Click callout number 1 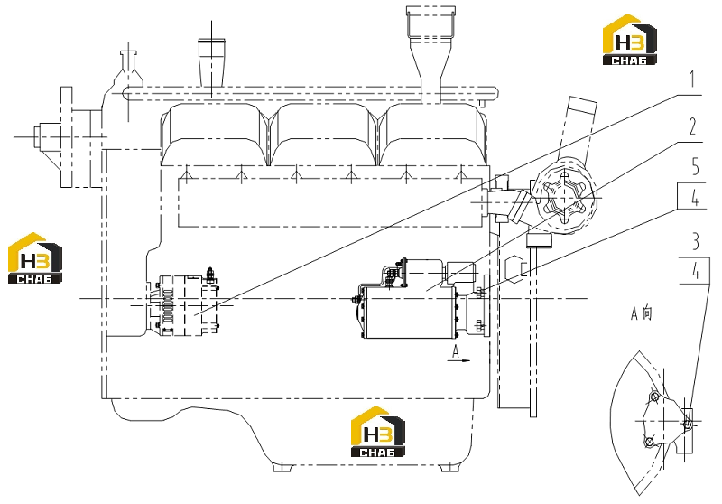pyautogui.click(x=692, y=79)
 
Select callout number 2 pyautogui.click(x=693, y=126)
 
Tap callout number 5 pyautogui.click(x=695, y=166)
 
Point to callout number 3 pyautogui.click(x=695, y=241)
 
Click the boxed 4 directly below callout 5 pyautogui.click(x=694, y=197)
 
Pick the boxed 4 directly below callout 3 pyautogui.click(x=695, y=271)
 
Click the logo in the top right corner pyautogui.click(x=629, y=40)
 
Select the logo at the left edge pyautogui.click(x=35, y=258)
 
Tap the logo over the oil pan pyautogui.click(x=378, y=431)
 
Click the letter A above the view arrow pyautogui.click(x=456, y=351)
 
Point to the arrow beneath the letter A pyautogui.click(x=459, y=360)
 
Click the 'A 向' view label pyautogui.click(x=642, y=313)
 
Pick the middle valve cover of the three pyautogui.click(x=323, y=134)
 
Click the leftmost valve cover pyautogui.click(x=215, y=134)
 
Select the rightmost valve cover pyautogui.click(x=433, y=134)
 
